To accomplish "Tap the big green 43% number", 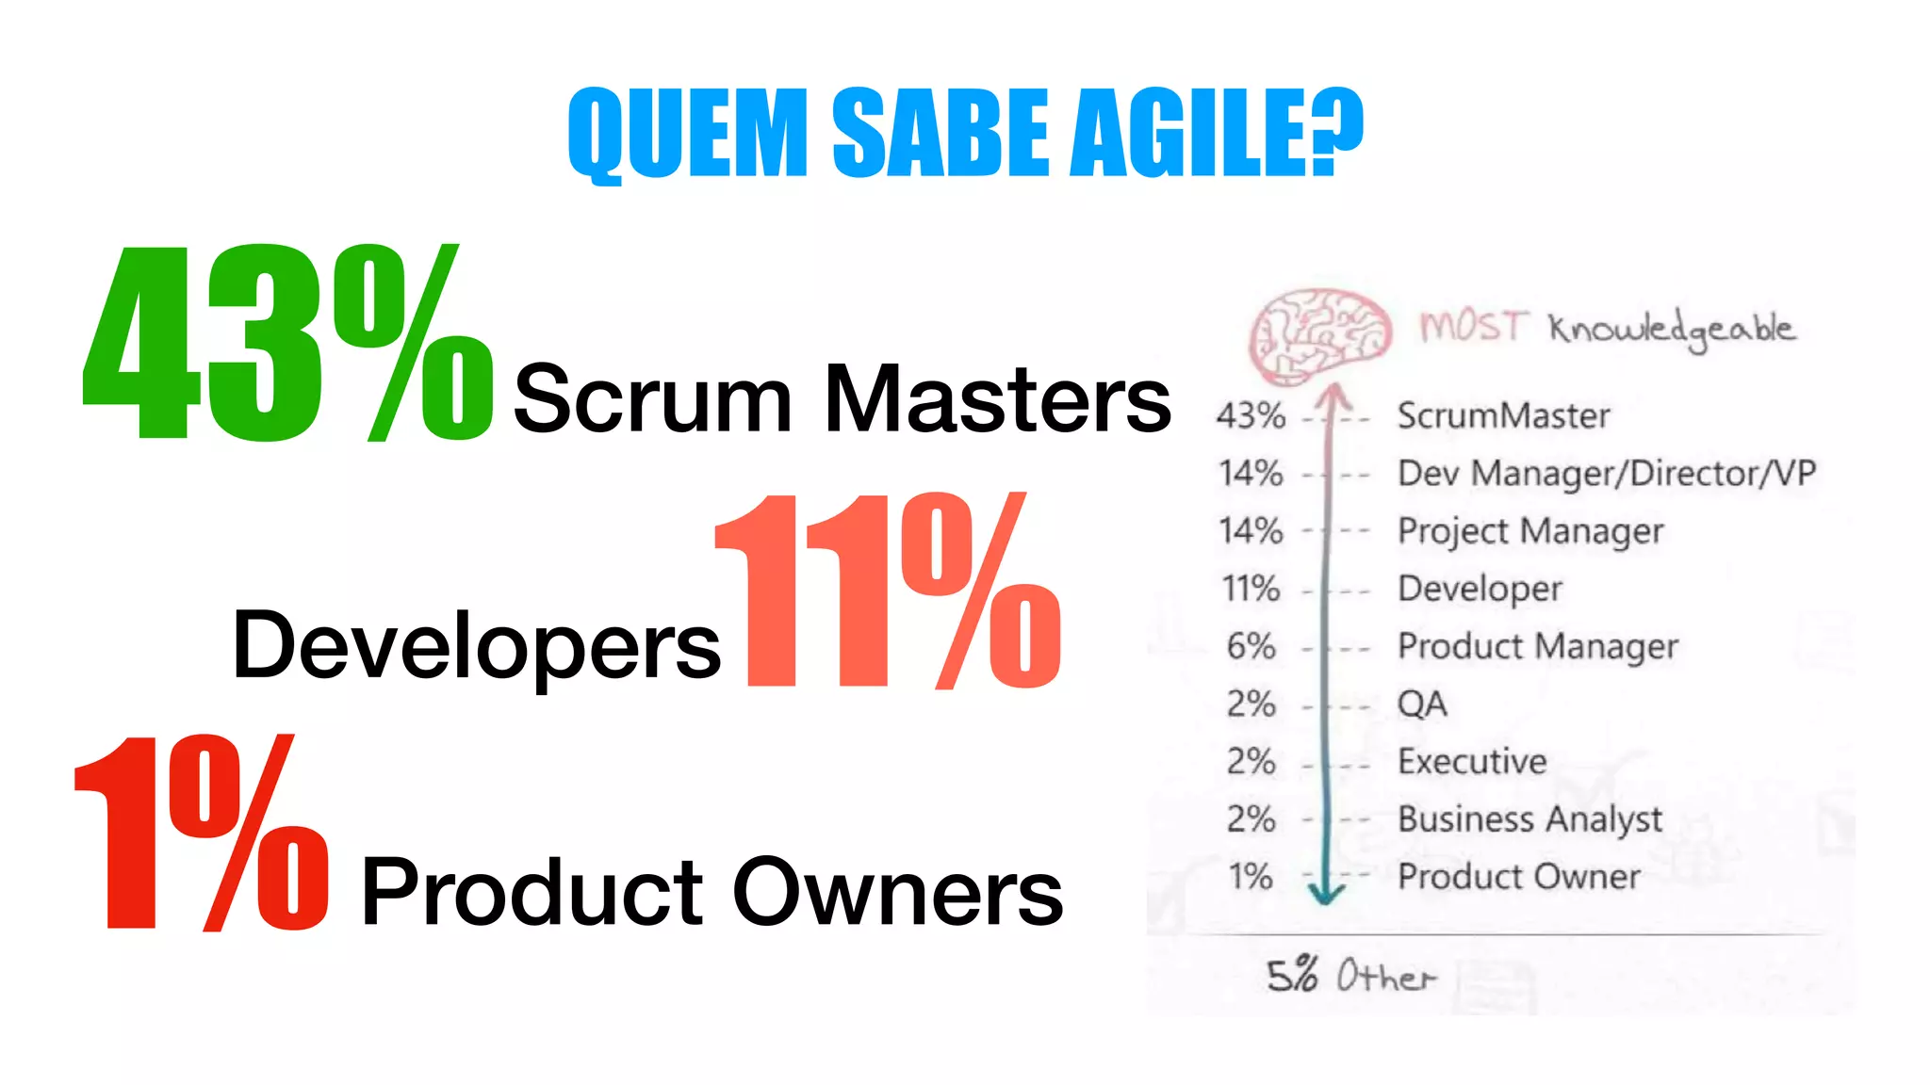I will [x=287, y=344].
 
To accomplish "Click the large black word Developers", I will [x=476, y=646].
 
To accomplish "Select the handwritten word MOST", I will [x=1471, y=327].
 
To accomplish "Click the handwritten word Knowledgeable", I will [x=1672, y=330].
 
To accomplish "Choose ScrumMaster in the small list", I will [x=1503, y=415].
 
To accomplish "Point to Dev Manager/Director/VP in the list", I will [x=1606, y=473].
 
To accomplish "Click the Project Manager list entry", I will [x=1530, y=531].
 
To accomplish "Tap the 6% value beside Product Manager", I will [x=1251, y=646].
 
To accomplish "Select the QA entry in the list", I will [x=1421, y=704].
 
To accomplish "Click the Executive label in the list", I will [x=1472, y=761].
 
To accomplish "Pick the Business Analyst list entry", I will [x=1529, y=819].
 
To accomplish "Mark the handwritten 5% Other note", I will [x=1350, y=976].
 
